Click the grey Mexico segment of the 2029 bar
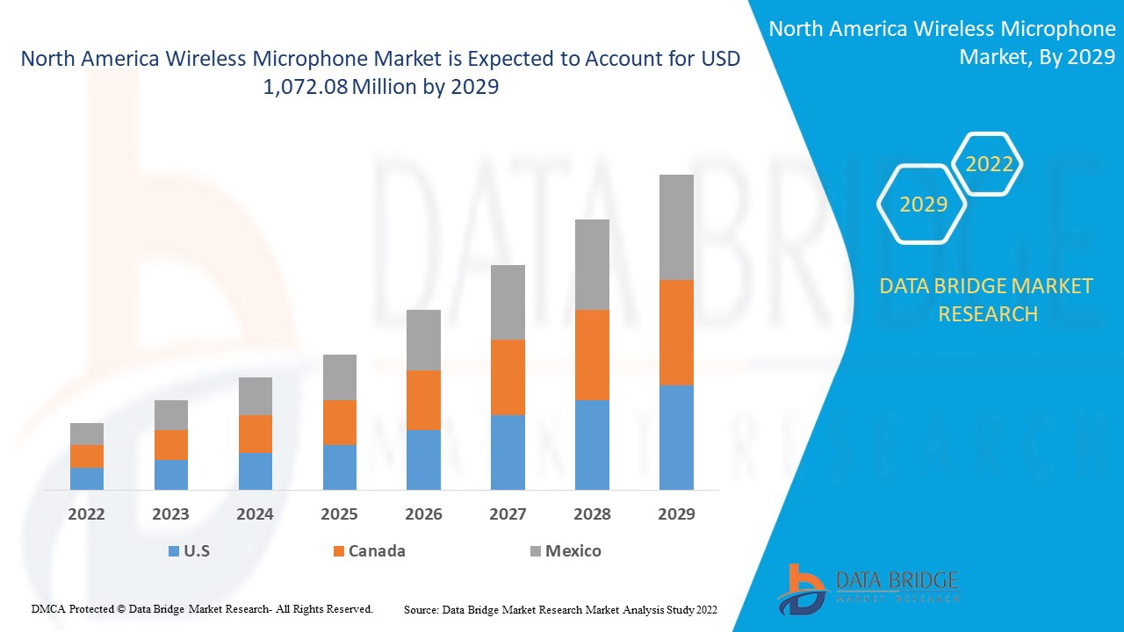[676, 227]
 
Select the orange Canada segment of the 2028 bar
[592, 355]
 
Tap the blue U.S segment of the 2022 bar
[87, 478]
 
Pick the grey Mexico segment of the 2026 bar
[423, 340]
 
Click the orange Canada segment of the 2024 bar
[256, 434]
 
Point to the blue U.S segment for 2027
[508, 452]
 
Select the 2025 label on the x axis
[339, 513]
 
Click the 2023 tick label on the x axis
[171, 513]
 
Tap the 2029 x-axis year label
[676, 513]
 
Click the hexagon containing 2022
[989, 164]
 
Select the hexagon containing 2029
[923, 205]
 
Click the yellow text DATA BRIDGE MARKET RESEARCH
[987, 299]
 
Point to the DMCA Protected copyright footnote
[202, 608]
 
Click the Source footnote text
[560, 608]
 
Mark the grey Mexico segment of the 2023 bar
[171, 415]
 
